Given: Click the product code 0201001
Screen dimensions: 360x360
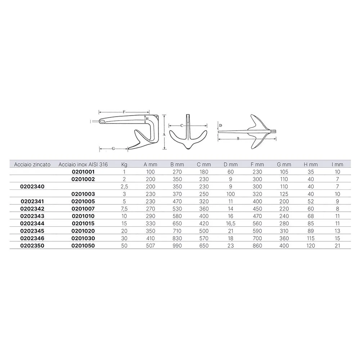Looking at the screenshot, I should [83, 172].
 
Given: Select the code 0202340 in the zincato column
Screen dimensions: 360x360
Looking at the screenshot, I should [32, 186].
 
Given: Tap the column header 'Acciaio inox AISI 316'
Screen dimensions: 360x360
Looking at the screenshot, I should [83, 165].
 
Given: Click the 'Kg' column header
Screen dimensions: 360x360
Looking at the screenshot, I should [125, 165].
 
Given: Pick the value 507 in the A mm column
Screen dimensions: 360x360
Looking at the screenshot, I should [150, 246].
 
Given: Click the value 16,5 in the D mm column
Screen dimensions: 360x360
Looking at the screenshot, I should [231, 224].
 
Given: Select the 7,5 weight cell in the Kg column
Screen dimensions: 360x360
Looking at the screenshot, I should [125, 209].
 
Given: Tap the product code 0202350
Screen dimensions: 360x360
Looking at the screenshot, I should [32, 246].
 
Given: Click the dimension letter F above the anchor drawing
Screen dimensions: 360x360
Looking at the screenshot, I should [124, 112].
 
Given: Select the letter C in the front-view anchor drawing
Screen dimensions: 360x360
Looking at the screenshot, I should [182, 126].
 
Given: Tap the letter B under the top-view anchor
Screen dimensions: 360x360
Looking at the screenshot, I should [238, 138].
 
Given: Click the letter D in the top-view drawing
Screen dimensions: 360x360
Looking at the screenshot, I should [221, 125].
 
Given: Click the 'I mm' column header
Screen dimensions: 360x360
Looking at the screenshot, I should [337, 165].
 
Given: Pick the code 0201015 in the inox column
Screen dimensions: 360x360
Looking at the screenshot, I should [83, 224].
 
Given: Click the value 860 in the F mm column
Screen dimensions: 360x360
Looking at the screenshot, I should [257, 246].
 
